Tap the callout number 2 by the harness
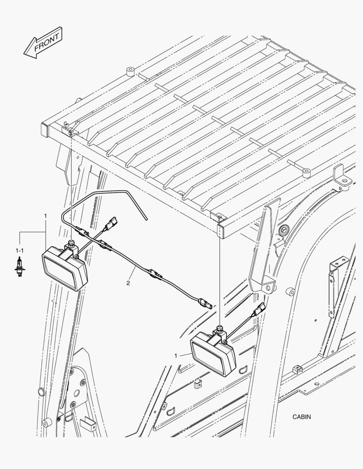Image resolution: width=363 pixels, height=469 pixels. [x=128, y=283]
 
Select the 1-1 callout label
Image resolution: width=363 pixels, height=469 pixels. [x=20, y=251]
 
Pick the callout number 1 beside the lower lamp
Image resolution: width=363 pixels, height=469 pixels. [x=176, y=356]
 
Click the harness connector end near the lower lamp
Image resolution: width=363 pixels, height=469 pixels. [x=204, y=302]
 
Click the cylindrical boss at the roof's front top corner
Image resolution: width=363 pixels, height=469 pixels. [x=130, y=70]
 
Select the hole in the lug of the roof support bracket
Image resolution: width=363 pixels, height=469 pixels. [x=272, y=286]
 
